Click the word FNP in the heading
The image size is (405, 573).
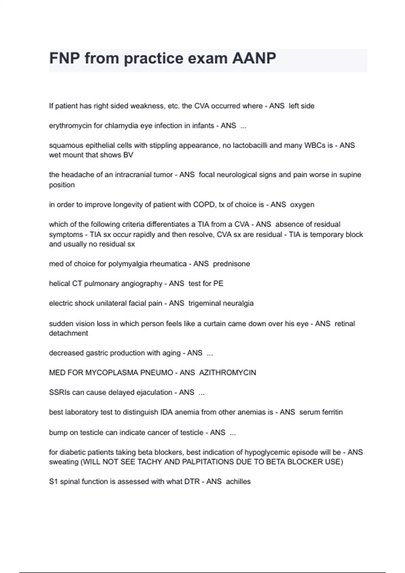click(64, 58)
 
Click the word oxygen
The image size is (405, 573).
click(302, 205)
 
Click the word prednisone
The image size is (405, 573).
click(231, 264)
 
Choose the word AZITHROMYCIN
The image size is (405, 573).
click(227, 372)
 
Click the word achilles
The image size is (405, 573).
click(238, 481)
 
